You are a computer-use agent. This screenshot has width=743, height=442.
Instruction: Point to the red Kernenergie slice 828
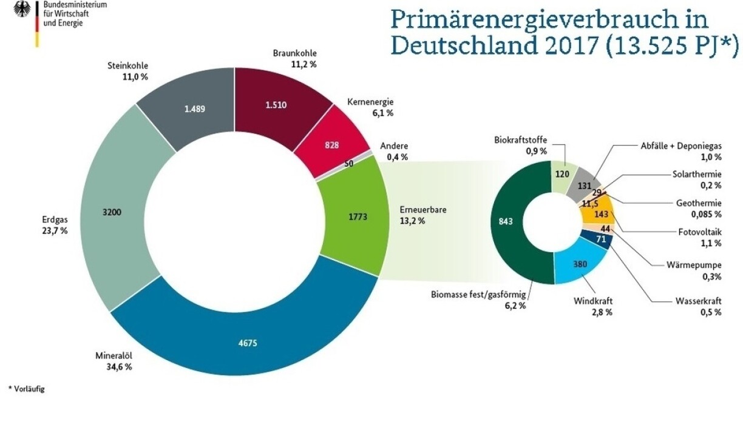[x=333, y=146]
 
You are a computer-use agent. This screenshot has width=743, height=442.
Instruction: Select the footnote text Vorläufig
[x=29, y=389]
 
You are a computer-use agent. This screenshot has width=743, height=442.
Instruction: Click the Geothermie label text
[x=698, y=203]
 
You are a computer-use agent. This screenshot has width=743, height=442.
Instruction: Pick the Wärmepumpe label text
[x=696, y=264]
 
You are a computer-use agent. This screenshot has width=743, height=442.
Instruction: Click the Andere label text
[x=394, y=146]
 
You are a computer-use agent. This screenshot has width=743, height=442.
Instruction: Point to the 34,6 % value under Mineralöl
[x=119, y=367]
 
